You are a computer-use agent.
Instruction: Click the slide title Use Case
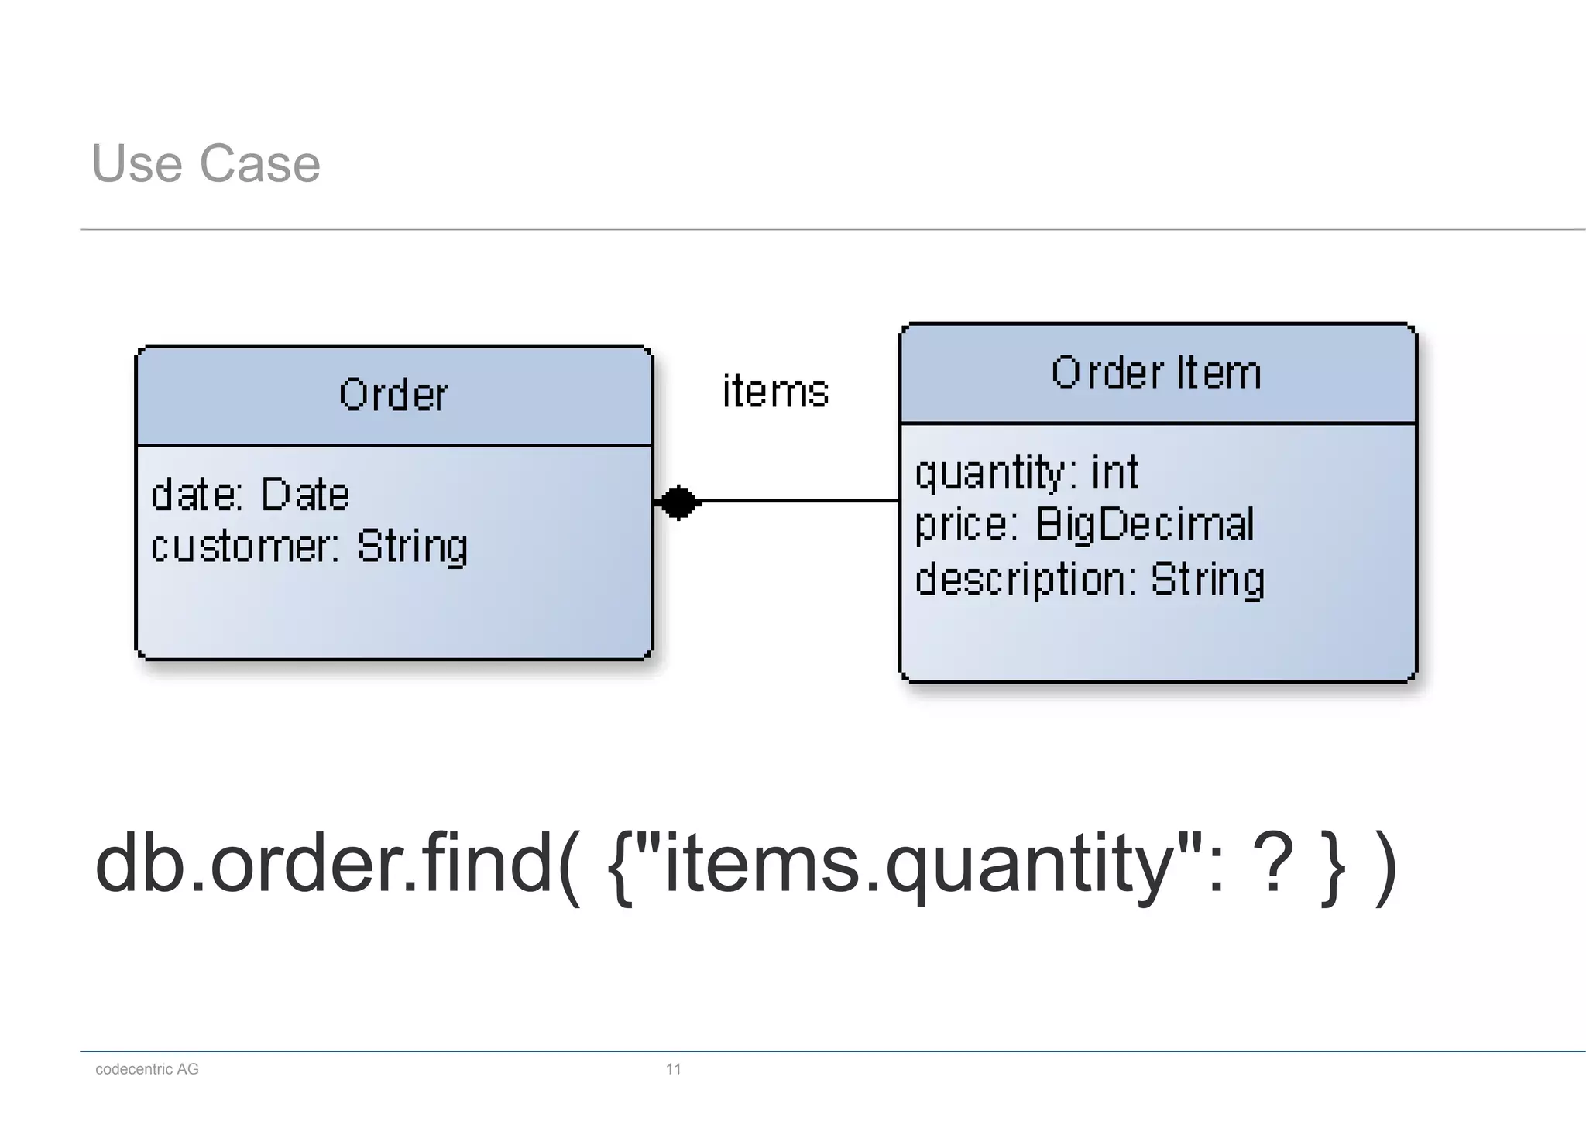205,163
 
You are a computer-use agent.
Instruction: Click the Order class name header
393,395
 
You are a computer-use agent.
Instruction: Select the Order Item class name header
1157,372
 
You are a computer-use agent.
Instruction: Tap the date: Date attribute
250,495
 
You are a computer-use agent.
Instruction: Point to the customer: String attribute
309,547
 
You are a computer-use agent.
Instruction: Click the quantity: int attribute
1027,472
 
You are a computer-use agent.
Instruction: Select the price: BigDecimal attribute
1084,524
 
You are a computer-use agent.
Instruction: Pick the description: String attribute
1090,579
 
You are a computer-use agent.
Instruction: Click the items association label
775,391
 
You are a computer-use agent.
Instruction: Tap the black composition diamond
678,502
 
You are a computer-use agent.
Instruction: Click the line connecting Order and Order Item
798,502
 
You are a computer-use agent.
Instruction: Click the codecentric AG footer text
147,1069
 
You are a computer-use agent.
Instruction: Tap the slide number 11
673,1069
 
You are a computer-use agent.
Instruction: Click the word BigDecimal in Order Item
1145,524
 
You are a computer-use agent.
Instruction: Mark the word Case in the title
259,163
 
